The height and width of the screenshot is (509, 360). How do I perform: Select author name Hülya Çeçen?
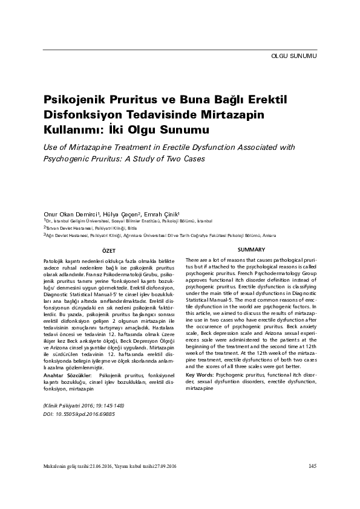pyautogui.click(x=123, y=214)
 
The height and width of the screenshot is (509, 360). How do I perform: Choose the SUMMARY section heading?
pyautogui.click(x=251, y=250)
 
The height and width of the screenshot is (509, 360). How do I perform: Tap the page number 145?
pyautogui.click(x=312, y=465)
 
